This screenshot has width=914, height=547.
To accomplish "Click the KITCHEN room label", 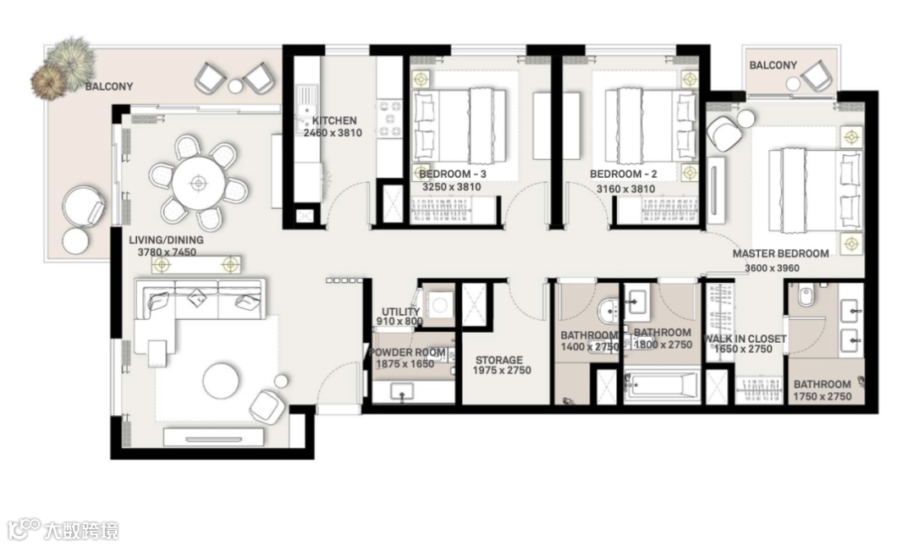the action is [x=334, y=121].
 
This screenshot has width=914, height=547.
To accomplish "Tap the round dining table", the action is [x=198, y=183].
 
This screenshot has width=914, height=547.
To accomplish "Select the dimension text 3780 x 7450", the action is [x=167, y=252].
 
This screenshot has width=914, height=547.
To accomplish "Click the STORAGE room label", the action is [x=499, y=360].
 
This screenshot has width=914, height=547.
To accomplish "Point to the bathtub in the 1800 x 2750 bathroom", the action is [x=662, y=386].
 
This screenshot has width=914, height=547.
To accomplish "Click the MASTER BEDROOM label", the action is [x=780, y=254].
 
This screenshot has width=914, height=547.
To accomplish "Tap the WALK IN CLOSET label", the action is [x=745, y=338].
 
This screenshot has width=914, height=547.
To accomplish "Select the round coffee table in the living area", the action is [x=220, y=381].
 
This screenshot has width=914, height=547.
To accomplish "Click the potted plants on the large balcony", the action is [x=63, y=67].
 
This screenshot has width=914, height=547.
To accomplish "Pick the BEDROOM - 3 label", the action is [x=452, y=174].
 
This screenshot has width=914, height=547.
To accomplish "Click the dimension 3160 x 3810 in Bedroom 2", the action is [x=625, y=189].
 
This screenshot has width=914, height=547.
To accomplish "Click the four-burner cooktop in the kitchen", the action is [x=390, y=119].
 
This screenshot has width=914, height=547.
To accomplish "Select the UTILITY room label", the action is [x=401, y=312].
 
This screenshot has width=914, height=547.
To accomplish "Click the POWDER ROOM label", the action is [x=407, y=353].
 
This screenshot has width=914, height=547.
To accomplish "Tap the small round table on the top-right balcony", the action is [x=793, y=84].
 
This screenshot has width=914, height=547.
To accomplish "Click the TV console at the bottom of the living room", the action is [x=212, y=437].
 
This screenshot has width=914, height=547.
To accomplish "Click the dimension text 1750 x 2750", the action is [x=823, y=396].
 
